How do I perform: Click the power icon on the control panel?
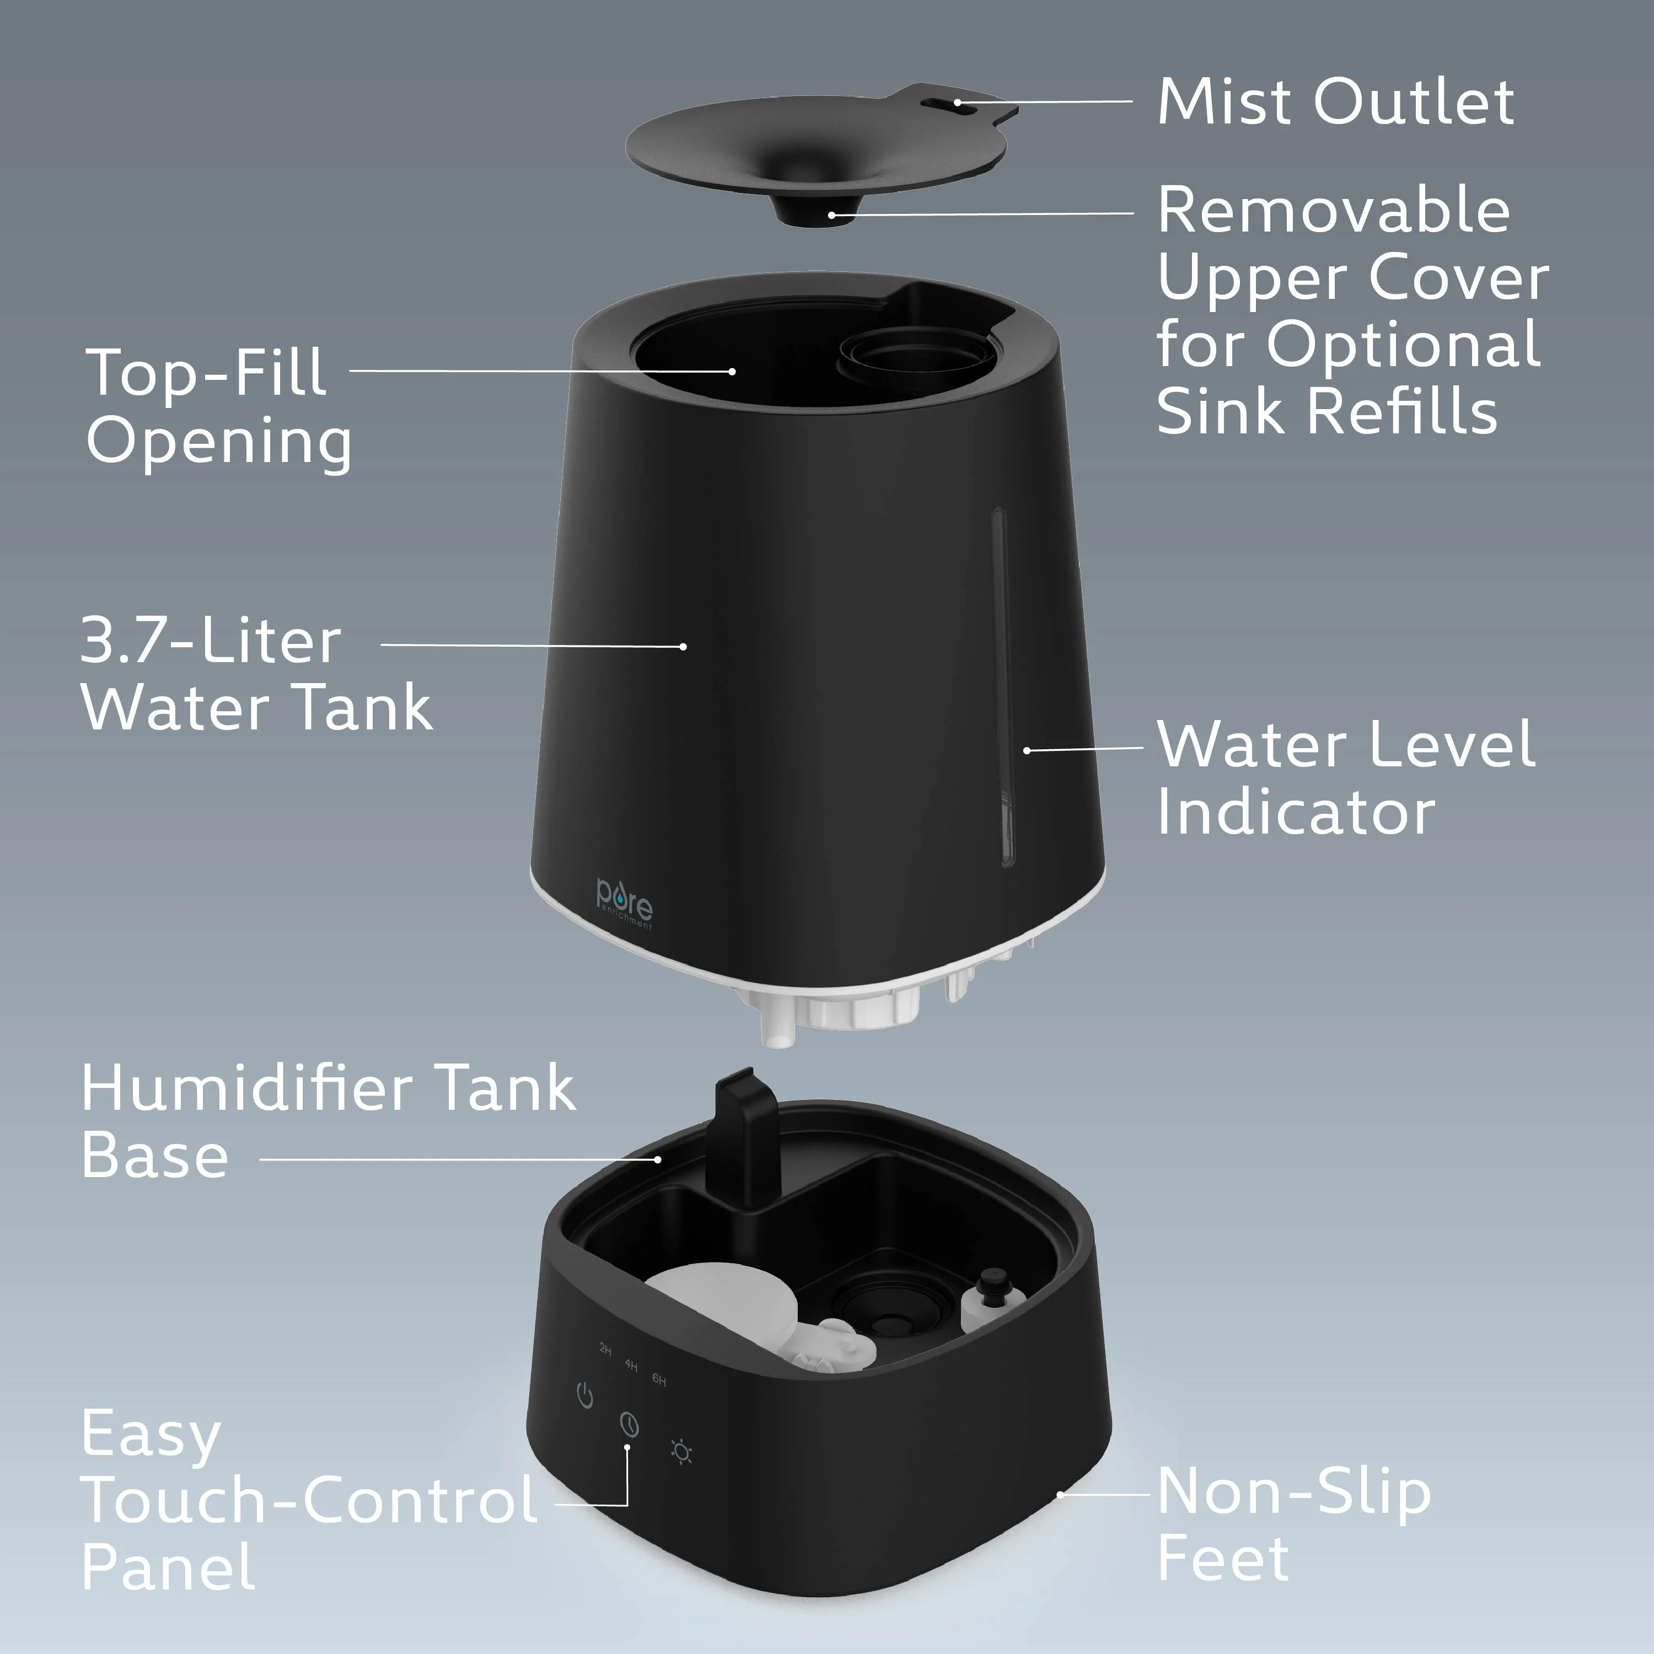point(585,1397)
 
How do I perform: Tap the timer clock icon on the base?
point(629,1425)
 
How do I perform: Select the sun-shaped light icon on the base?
point(681,1453)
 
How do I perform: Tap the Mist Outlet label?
point(1335,102)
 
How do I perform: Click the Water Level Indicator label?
point(1345,777)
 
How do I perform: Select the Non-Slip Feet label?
point(1293,1537)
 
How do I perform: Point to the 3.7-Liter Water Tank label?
point(256,675)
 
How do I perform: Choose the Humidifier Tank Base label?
point(328,1121)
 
